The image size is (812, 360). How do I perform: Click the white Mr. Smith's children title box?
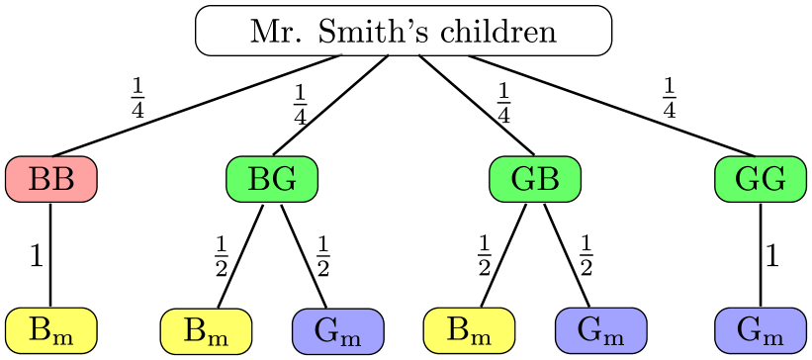(x=404, y=31)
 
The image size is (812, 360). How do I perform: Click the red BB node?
(x=51, y=179)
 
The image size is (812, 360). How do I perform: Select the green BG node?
(x=272, y=179)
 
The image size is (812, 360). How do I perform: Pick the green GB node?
(x=535, y=179)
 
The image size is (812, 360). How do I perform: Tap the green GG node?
(x=761, y=179)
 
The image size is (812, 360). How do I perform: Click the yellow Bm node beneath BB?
(x=51, y=330)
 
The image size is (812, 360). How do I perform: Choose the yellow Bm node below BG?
(x=206, y=330)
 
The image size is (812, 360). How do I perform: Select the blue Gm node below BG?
(x=338, y=330)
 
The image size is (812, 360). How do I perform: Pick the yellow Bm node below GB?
(x=469, y=330)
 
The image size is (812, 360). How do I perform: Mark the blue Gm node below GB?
(x=600, y=330)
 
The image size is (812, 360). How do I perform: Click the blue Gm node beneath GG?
(x=761, y=330)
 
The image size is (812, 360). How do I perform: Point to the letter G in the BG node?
(x=285, y=179)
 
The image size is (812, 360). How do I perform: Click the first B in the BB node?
(x=40, y=179)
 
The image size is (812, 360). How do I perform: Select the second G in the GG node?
(x=773, y=179)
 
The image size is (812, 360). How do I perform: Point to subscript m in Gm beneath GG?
(x=774, y=336)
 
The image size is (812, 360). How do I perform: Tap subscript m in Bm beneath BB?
(x=63, y=336)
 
